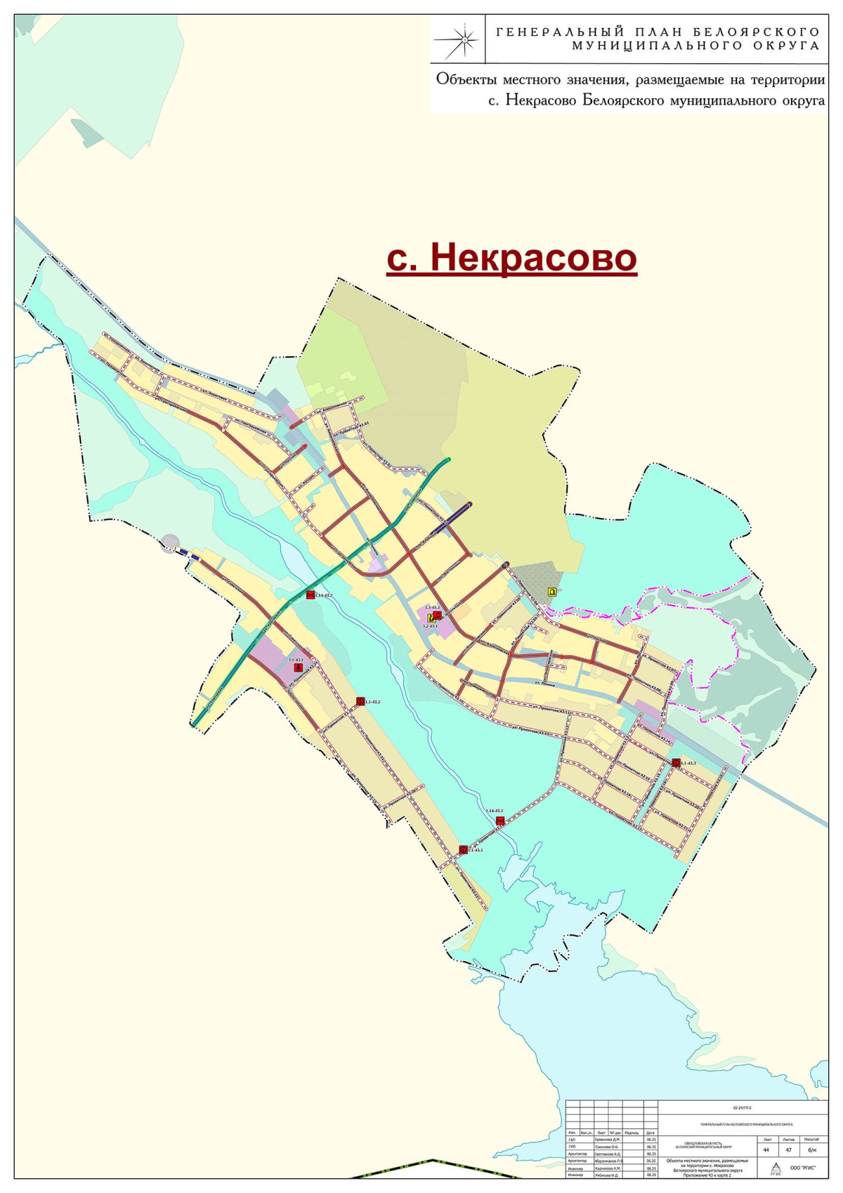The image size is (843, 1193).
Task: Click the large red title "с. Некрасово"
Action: pyautogui.click(x=511, y=257)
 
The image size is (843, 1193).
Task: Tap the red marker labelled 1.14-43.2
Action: pyautogui.click(x=310, y=595)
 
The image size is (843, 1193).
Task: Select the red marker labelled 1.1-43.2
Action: pyautogui.click(x=360, y=701)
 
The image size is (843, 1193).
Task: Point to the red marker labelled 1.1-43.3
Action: pyautogui.click(x=676, y=763)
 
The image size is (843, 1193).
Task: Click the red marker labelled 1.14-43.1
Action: pyautogui.click(x=500, y=821)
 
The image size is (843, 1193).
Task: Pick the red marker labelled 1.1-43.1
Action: pyautogui.click(x=463, y=849)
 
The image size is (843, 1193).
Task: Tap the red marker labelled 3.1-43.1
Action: pyautogui.click(x=298, y=668)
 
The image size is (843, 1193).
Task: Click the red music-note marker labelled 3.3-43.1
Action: pyautogui.click(x=437, y=615)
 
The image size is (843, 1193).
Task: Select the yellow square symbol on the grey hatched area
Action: pyautogui.click(x=552, y=592)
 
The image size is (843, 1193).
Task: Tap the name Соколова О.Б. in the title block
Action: pyautogui.click(x=608, y=1146)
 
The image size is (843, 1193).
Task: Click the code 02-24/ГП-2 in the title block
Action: pyautogui.click(x=743, y=1108)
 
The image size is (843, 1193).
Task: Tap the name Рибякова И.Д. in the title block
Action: pyautogui.click(x=608, y=1175)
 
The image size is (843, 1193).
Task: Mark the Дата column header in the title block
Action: pyautogui.click(x=651, y=1133)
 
